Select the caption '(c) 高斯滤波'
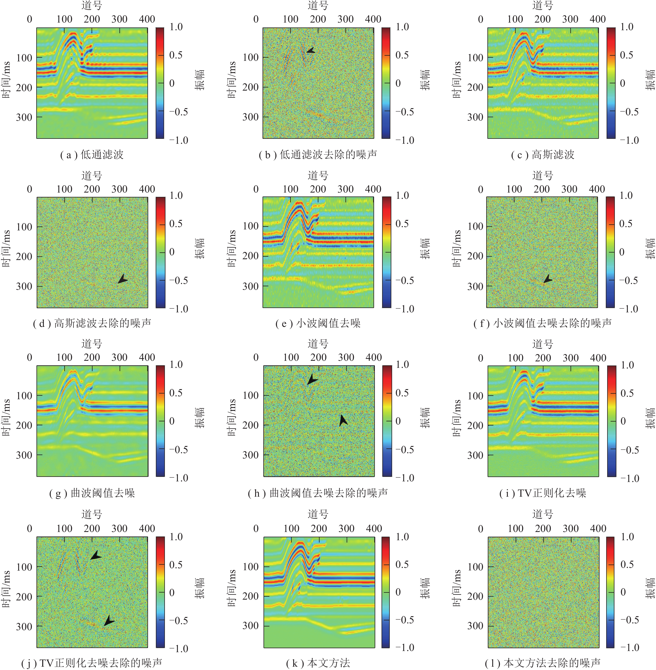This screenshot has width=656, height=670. (543, 155)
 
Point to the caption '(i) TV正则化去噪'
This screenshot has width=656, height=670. (543, 493)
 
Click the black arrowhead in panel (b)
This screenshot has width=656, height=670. (310, 50)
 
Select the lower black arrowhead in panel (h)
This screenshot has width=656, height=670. (343, 420)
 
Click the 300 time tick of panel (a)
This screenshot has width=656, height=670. (24, 117)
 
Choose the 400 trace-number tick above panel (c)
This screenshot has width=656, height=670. (598, 19)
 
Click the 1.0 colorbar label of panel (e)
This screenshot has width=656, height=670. (403, 195)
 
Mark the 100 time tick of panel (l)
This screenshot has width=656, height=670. (475, 567)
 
